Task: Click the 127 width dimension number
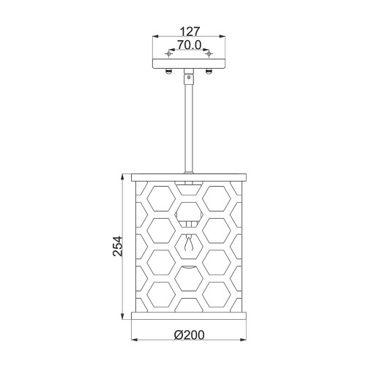click(189, 32)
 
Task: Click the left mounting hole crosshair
click(169, 54)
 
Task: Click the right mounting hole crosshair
click(209, 54)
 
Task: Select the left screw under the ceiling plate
click(168, 71)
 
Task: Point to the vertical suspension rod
click(189, 124)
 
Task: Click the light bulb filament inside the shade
click(189, 243)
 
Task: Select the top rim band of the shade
click(189, 176)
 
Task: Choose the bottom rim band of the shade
click(189, 318)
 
